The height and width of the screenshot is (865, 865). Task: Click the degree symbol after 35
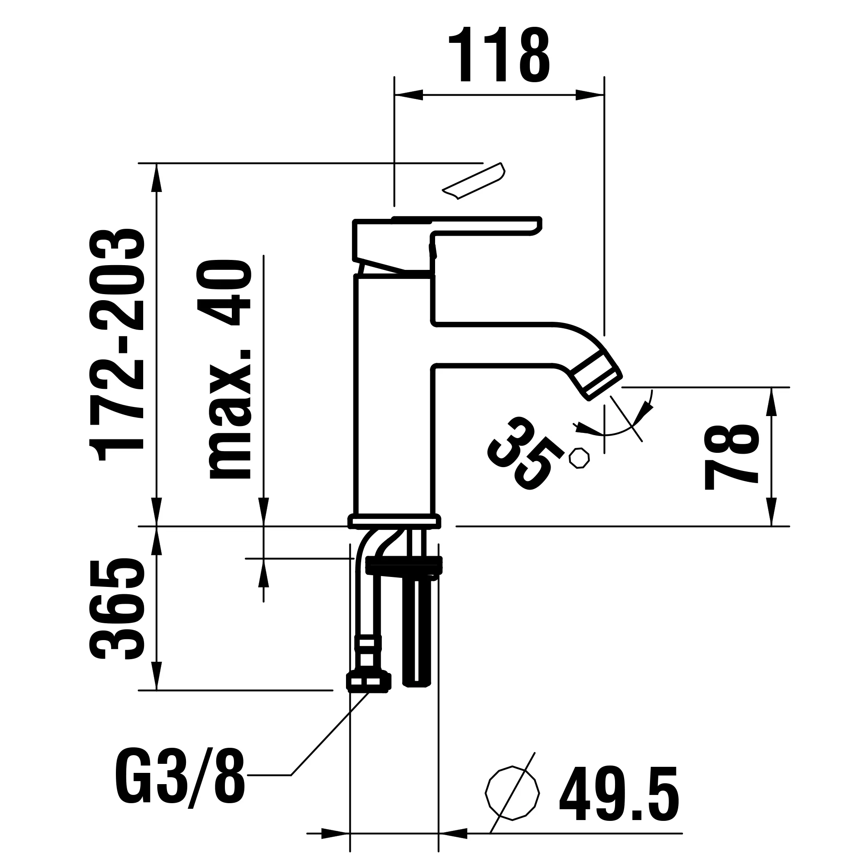579,458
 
